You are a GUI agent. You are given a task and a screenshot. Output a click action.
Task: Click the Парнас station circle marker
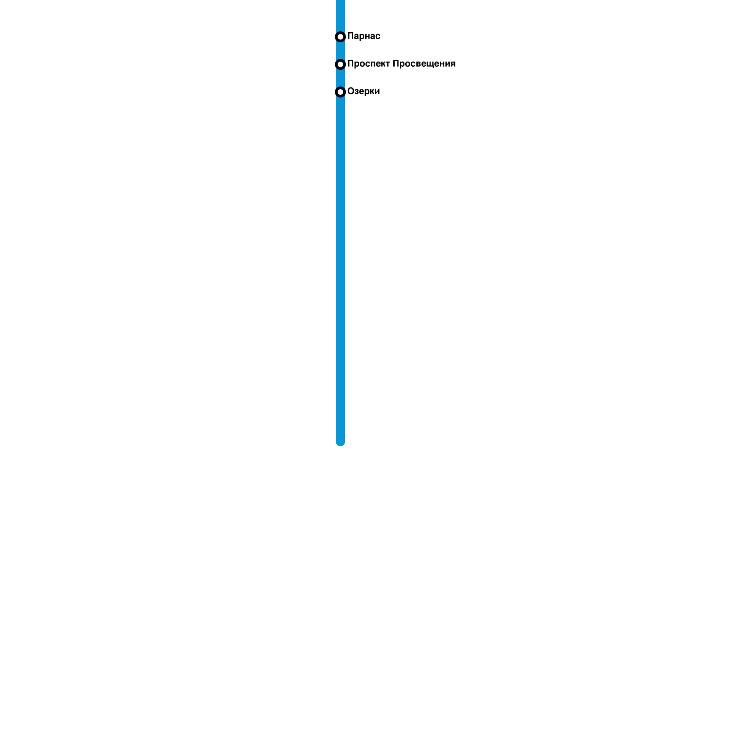coord(340,37)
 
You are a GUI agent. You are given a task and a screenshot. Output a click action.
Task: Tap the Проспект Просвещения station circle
coord(340,64)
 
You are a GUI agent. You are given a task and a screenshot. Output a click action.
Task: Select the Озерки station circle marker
coord(340,92)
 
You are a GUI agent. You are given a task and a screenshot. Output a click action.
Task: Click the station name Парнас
coord(363,36)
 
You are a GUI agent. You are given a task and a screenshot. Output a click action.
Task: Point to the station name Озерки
coord(363,92)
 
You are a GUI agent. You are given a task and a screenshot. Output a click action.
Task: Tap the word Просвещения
coord(424,64)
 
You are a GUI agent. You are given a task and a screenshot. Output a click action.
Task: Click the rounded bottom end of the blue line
coord(340,443)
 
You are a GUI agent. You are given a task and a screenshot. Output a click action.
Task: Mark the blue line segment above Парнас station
coord(340,14)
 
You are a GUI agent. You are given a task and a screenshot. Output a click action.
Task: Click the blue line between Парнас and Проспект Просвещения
coord(340,51)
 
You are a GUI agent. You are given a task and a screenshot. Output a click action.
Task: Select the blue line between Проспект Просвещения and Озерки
coord(340,78)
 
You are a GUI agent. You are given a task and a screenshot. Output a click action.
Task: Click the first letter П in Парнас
coord(351,36)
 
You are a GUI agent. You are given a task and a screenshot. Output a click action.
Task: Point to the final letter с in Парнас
coord(378,36)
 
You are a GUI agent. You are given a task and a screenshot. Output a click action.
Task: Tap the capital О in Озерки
coord(351,92)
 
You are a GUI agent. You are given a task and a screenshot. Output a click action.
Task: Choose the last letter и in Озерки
coord(377,92)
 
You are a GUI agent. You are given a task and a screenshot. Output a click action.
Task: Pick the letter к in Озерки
coord(371,92)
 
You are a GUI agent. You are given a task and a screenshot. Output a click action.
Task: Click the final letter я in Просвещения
coord(453,64)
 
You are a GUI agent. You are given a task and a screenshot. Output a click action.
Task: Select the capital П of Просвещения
coord(396,64)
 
